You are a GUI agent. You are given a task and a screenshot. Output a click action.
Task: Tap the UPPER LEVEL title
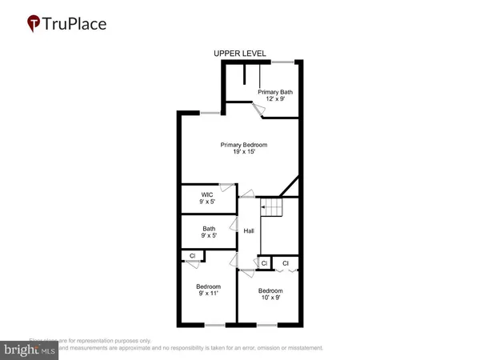pos(239,54)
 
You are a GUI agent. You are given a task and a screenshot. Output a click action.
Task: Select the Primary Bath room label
pos(274,92)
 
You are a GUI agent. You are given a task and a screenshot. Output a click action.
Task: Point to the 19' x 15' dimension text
pos(244,152)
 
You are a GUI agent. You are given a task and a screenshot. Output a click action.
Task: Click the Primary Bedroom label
pos(244,144)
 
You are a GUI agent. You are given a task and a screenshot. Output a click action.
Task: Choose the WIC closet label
pos(206,194)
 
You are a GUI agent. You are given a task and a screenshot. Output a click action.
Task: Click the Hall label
pos(249,231)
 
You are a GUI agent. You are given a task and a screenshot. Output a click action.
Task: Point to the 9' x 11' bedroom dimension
pos(207,294)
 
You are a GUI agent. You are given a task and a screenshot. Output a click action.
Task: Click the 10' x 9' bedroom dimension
pos(270,298)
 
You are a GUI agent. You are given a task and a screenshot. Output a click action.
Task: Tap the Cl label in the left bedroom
pos(193,256)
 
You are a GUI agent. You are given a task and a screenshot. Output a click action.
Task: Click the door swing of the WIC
pos(227,189)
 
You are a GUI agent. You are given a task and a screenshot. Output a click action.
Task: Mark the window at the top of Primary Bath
pos(282,62)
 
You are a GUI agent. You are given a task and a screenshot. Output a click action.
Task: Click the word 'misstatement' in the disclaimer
pos(299,348)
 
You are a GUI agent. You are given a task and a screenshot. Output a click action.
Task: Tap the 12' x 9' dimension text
pos(274,99)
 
